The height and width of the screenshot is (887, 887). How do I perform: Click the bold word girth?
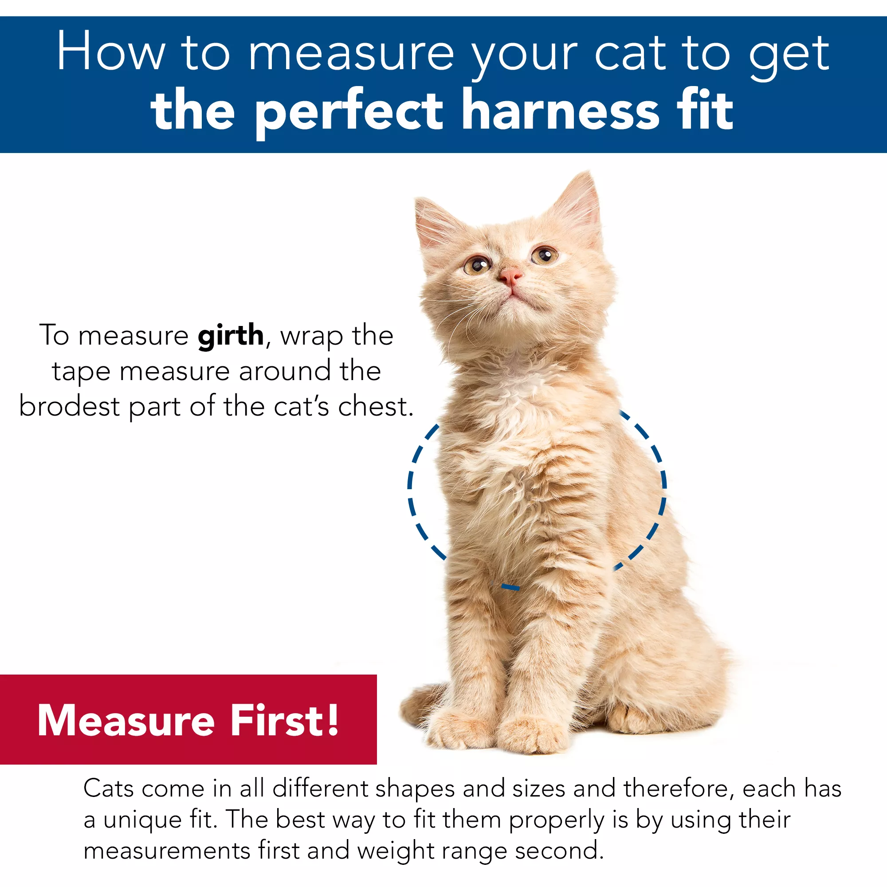pyautogui.click(x=231, y=336)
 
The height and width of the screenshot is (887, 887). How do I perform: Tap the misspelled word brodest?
pyautogui.click(x=69, y=407)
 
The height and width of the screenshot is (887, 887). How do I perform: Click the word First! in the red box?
pyautogui.click(x=285, y=721)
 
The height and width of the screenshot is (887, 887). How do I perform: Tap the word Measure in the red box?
pyautogui.click(x=126, y=721)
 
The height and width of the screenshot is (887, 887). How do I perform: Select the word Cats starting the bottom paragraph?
pyautogui.click(x=108, y=789)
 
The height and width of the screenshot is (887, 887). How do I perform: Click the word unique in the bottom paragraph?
pyautogui.click(x=142, y=820)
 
